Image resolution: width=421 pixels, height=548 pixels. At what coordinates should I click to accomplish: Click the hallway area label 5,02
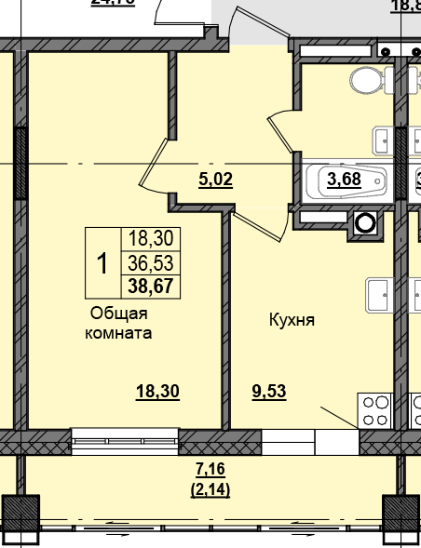point(215,180)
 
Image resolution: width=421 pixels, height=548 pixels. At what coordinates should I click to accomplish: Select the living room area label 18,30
point(157,392)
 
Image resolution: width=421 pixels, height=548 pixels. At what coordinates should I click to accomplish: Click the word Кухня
point(292,319)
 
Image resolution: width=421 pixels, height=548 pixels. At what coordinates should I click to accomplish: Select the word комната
point(118,332)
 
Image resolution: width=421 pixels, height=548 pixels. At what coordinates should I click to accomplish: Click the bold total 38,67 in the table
point(150,286)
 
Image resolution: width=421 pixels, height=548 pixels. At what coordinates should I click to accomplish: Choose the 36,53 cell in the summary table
point(150,263)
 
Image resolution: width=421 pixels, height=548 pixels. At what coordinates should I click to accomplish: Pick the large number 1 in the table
point(103,263)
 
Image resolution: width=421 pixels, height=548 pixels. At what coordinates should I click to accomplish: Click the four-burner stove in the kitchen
point(375,410)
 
